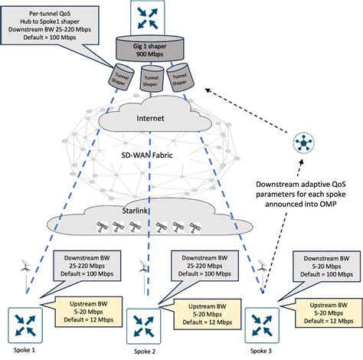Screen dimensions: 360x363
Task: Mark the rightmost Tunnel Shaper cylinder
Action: (x=179, y=77)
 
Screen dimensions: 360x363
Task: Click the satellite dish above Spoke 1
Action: (x=26, y=267)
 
